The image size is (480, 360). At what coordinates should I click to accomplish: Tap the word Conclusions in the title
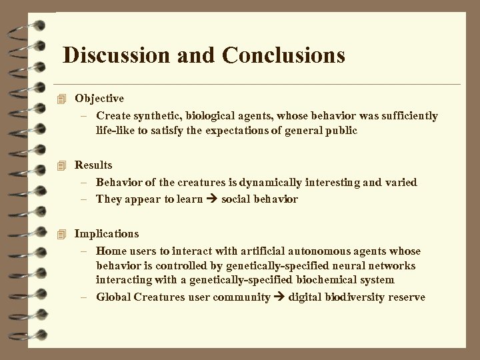click(x=285, y=55)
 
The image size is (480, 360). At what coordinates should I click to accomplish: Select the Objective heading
click(x=99, y=99)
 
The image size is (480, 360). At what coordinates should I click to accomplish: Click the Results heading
click(x=93, y=165)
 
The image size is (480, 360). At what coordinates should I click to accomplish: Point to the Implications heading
click(x=107, y=234)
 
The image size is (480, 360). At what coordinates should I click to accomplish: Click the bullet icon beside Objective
click(x=63, y=99)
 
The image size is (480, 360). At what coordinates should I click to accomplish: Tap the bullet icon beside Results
click(x=63, y=165)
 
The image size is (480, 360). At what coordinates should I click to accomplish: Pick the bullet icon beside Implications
click(x=63, y=234)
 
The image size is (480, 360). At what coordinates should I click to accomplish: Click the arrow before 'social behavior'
click(x=212, y=199)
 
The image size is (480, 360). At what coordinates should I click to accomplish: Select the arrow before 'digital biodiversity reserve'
click(x=279, y=297)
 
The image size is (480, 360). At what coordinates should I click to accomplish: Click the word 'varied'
click(x=401, y=182)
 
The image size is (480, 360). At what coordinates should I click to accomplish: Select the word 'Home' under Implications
click(x=110, y=251)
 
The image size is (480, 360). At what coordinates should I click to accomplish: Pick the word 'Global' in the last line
click(x=112, y=297)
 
